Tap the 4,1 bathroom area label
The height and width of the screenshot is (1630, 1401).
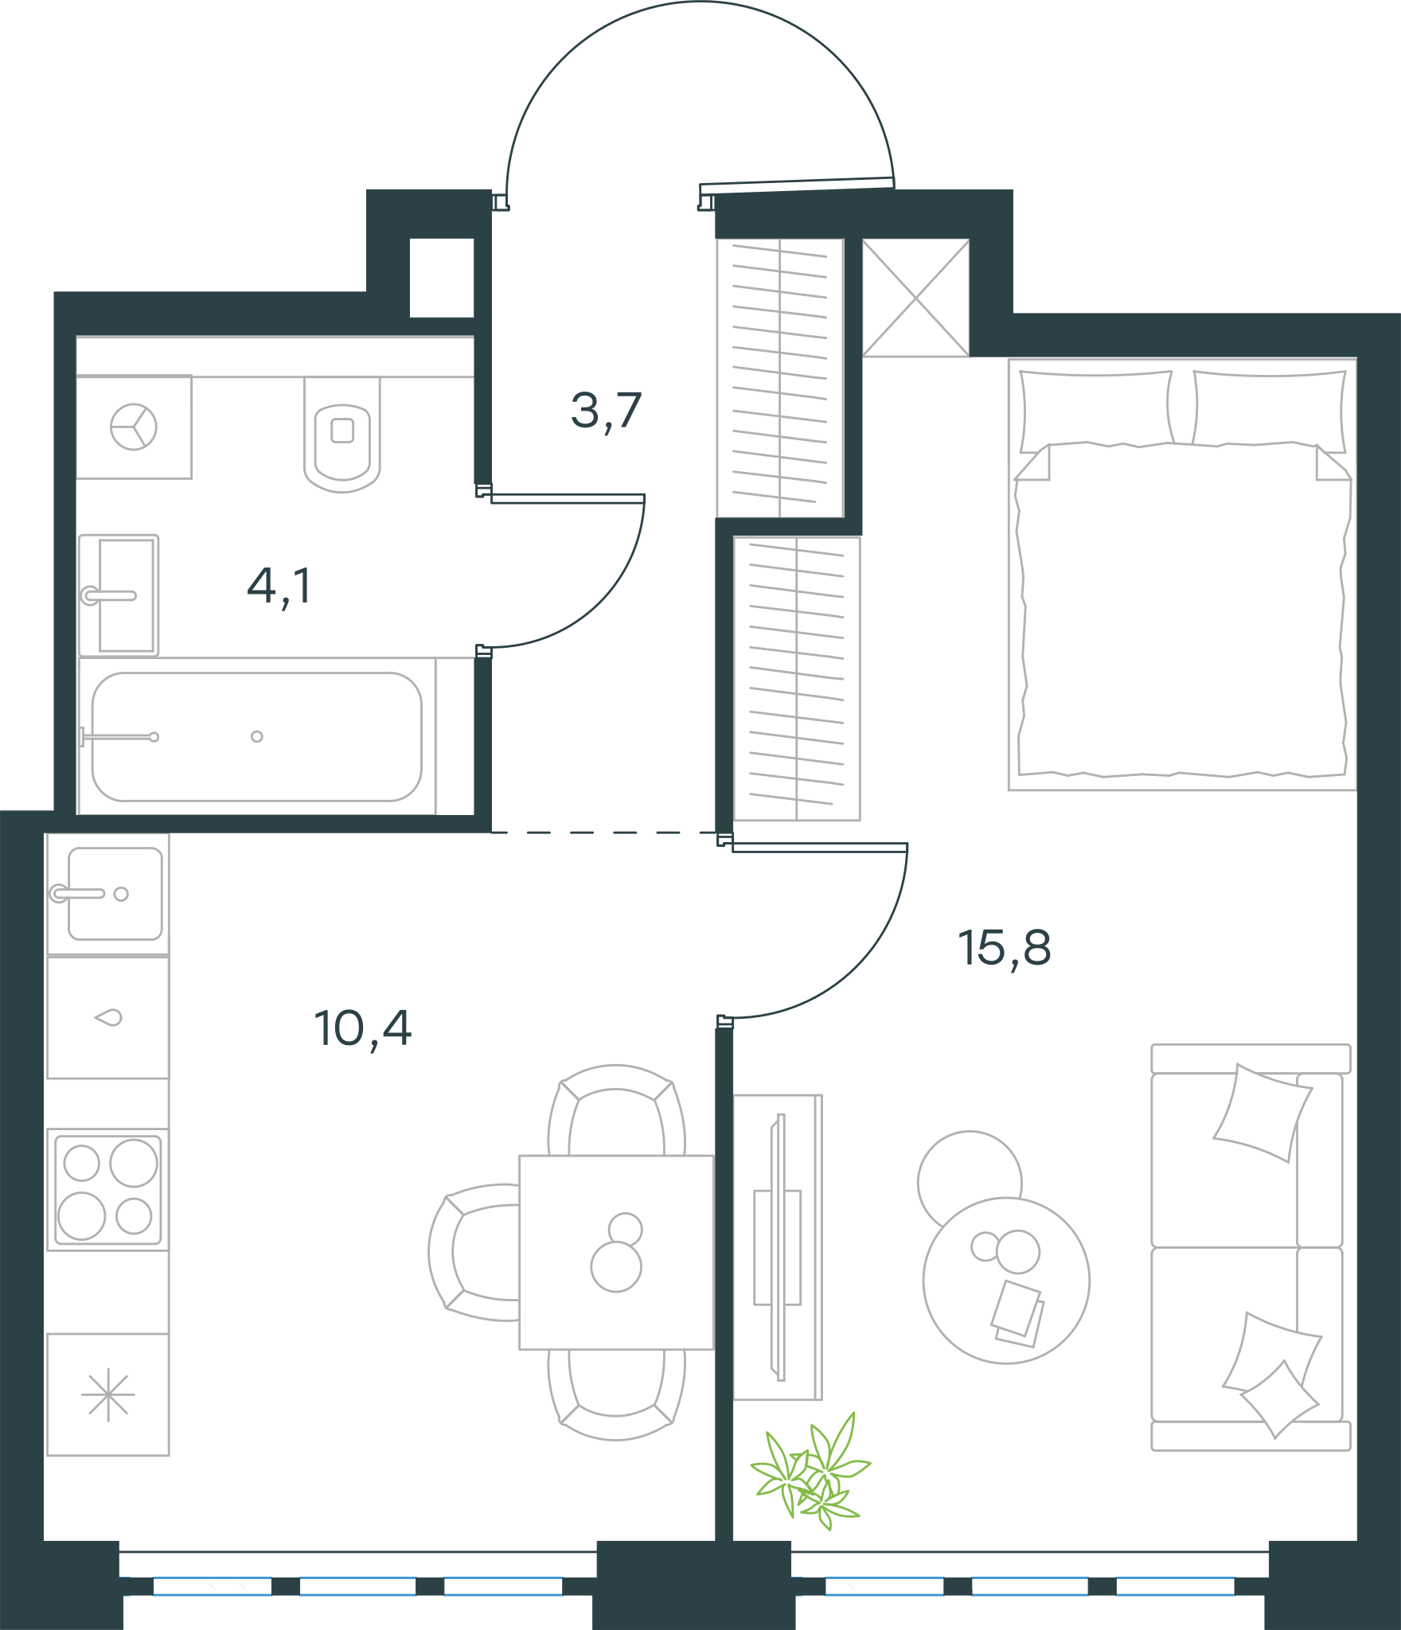279,587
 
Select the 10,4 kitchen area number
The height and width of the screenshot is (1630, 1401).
363,1029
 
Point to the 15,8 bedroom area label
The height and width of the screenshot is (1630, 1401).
1005,949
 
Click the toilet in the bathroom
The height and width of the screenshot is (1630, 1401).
342,435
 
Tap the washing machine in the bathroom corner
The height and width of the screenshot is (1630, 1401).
134,427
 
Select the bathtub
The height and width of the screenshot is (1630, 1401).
256,737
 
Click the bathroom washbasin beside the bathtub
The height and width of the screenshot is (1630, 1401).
119,595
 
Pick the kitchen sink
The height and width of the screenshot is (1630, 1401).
107,894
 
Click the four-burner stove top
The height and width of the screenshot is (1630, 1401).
107,1190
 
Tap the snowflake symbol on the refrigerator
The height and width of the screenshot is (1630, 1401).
108,1394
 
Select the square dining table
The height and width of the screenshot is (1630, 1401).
616,1252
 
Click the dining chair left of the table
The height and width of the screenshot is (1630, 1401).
474,1252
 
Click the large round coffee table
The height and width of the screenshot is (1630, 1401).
1006,1281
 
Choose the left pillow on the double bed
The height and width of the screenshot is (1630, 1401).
1096,408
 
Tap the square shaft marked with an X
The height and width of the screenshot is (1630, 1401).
916,298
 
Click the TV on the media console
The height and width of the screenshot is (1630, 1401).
781,1246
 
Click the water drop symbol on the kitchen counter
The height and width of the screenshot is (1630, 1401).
108,1017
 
